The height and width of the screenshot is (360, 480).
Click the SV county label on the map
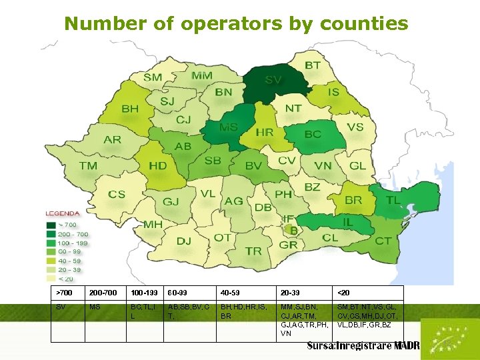click(x=273, y=79)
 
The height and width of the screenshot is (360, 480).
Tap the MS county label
click(x=229, y=127)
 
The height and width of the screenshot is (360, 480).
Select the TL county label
click(x=393, y=199)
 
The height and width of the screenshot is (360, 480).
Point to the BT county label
click(x=312, y=65)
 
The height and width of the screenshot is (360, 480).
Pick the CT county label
click(x=383, y=241)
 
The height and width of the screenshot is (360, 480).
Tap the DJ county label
click(x=184, y=241)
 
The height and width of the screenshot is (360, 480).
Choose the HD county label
click(x=158, y=166)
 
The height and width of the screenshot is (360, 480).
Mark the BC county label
click(x=313, y=134)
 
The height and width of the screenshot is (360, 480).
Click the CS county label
click(x=117, y=195)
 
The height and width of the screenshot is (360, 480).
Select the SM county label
click(x=153, y=77)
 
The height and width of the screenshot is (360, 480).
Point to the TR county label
click(x=253, y=251)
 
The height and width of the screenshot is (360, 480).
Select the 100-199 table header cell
click(x=145, y=293)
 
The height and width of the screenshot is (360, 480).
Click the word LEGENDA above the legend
click(x=63, y=214)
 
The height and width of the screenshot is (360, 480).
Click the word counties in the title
click(x=364, y=24)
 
